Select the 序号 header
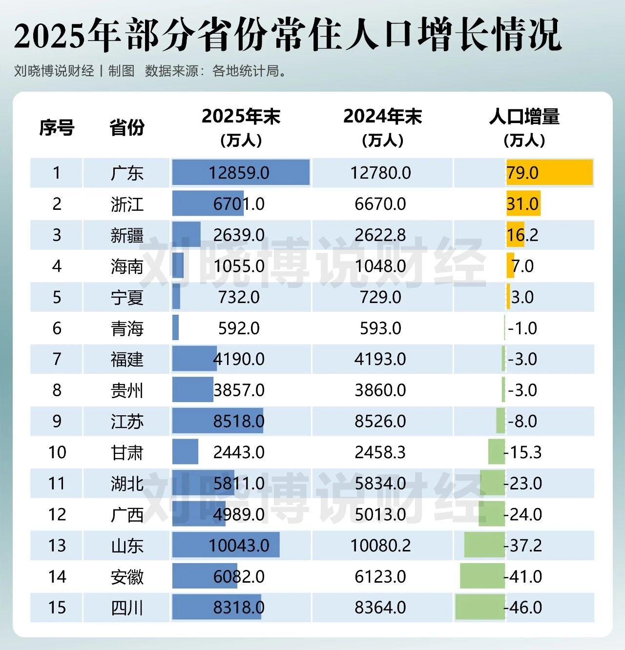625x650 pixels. pos(57,128)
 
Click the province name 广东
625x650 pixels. pos(127,173)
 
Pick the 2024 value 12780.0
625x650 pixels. pos(380,173)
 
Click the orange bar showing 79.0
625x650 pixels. pos(549,172)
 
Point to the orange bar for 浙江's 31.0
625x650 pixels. pos(523,203)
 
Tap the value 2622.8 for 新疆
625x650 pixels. pos(380,235)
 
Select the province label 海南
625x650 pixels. pos(127,266)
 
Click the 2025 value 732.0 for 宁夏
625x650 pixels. pos(239,297)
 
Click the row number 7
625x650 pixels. pos(57,359)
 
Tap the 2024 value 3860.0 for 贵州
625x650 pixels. pos(380,390)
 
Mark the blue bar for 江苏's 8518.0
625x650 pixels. pos(217,421)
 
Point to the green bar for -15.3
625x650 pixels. pos(497,452)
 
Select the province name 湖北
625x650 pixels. pos(127,483)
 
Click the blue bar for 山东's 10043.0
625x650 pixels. pos(226,545)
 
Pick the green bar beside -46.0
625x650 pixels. pos(480,607)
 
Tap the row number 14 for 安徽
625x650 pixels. pos(57,576)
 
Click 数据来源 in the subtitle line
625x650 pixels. pos(171,71)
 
